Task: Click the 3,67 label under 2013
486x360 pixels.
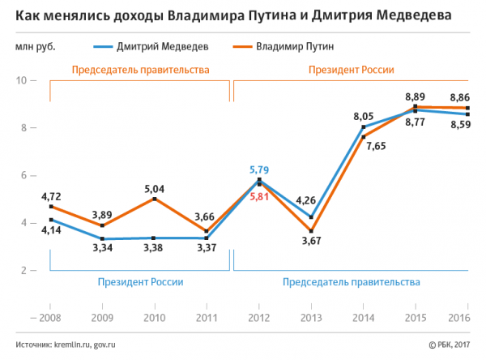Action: (x=310, y=242)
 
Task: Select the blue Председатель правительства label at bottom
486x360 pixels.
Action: (x=352, y=282)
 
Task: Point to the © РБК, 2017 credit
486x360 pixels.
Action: (x=450, y=344)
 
